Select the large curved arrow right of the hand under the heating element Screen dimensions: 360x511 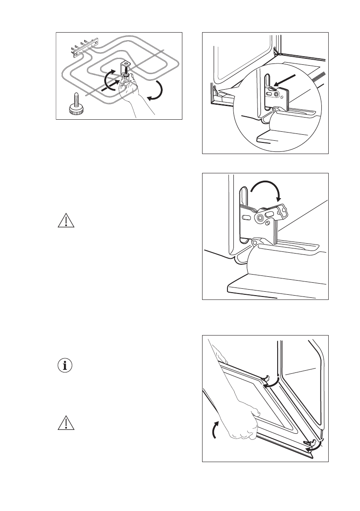[157, 92]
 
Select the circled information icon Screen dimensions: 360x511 [65, 366]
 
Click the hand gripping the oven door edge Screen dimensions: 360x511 [242, 423]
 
